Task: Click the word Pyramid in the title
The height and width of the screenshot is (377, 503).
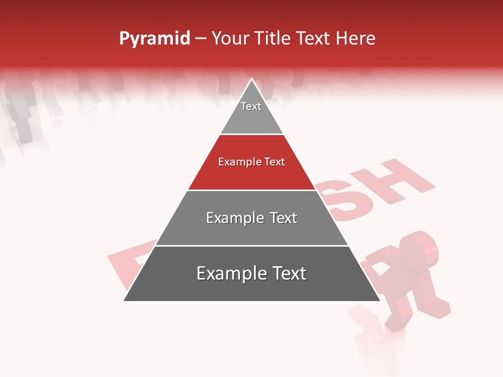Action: pyautogui.click(x=155, y=39)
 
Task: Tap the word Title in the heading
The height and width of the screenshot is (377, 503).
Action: pyautogui.click(x=273, y=39)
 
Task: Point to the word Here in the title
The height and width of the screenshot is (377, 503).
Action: pyautogui.click(x=356, y=39)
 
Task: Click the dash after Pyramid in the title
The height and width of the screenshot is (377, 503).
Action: pyautogui.click(x=201, y=39)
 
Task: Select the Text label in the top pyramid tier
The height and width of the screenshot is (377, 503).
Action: pyautogui.click(x=251, y=106)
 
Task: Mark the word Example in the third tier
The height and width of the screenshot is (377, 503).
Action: pyautogui.click(x=234, y=218)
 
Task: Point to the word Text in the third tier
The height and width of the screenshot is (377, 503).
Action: pyautogui.click(x=283, y=218)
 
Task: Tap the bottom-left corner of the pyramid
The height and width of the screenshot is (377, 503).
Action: pyautogui.click(x=124, y=301)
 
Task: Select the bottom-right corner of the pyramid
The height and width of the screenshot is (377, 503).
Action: pyautogui.click(x=379, y=301)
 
